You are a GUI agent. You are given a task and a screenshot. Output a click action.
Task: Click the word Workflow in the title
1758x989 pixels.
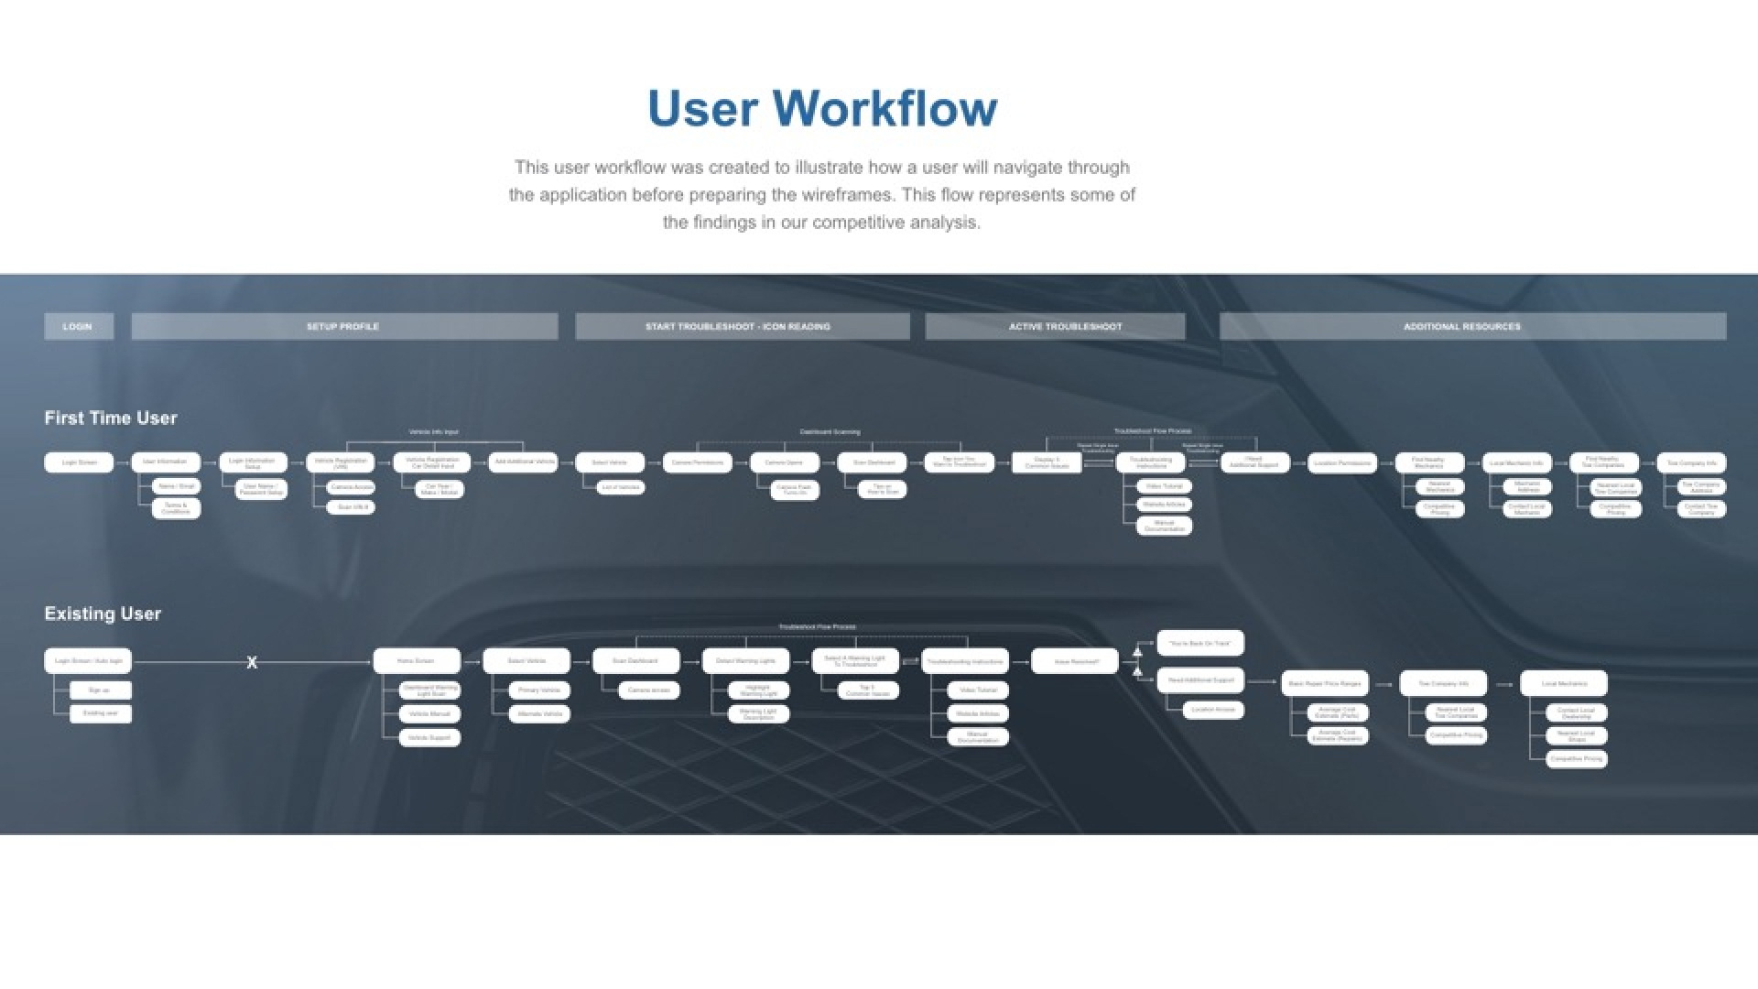885,108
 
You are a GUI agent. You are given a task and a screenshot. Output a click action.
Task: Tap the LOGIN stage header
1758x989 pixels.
78,326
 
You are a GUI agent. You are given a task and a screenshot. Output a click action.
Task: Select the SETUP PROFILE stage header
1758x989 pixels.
343,326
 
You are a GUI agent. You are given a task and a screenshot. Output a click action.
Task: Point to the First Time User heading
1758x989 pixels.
111,418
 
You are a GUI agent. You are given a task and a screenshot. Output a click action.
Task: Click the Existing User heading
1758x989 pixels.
103,614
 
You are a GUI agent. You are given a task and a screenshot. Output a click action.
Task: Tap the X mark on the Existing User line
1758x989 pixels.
252,662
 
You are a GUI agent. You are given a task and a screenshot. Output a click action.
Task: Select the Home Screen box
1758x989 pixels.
416,661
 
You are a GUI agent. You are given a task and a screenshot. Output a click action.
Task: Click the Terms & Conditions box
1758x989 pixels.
176,508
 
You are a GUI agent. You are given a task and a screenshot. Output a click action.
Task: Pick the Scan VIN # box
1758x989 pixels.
352,506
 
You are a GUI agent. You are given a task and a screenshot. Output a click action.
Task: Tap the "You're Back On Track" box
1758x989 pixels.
1199,643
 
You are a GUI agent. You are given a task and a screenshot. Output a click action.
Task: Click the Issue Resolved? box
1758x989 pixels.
1075,661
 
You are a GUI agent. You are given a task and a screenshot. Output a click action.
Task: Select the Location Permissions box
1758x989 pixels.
1341,463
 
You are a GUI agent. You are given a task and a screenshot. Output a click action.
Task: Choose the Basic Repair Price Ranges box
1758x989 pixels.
1324,683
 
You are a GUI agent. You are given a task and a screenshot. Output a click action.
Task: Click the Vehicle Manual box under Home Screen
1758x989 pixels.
429,713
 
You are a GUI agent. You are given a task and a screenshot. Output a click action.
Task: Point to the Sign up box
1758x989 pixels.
100,690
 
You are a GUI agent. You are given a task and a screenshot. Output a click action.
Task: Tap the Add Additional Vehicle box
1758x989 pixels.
524,462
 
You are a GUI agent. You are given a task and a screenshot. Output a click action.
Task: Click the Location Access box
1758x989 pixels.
1212,710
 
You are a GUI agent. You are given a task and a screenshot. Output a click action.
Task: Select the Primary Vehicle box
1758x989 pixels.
538,690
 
